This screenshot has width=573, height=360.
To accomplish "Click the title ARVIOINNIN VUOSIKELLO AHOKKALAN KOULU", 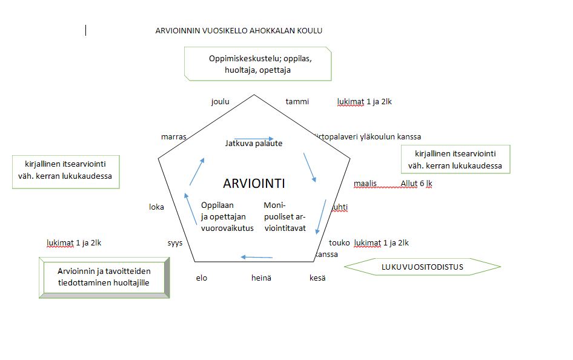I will [x=239, y=31].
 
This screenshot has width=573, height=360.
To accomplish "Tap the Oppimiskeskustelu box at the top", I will [x=259, y=64].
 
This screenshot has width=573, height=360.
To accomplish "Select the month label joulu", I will [x=220, y=101].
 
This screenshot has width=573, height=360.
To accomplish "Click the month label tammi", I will [x=297, y=101].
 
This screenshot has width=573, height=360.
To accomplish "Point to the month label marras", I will [x=174, y=136].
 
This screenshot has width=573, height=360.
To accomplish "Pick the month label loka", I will [x=156, y=207].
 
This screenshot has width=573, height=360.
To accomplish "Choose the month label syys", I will [x=175, y=242].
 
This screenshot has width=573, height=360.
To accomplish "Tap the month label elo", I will [x=202, y=278].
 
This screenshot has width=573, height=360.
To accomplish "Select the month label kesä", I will [x=317, y=278].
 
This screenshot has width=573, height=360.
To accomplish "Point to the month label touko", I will [x=339, y=242].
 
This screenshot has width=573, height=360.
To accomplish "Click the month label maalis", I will [x=365, y=183].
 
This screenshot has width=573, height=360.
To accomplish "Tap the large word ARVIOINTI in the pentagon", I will [x=254, y=183].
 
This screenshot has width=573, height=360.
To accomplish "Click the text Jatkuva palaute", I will [x=254, y=144].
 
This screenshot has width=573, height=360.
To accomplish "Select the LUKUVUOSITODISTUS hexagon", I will [x=422, y=267].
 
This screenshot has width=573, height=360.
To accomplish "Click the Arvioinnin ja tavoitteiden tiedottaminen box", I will [x=104, y=277].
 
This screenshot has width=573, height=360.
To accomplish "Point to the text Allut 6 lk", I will [x=416, y=183].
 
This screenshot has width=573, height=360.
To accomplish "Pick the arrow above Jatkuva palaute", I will [x=254, y=139].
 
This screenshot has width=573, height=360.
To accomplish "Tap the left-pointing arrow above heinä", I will [x=256, y=257].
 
